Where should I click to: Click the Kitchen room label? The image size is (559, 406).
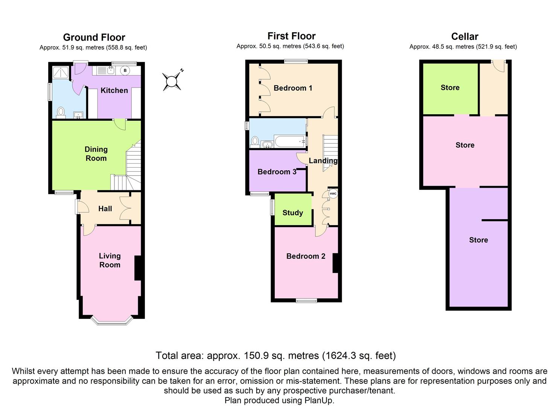114,90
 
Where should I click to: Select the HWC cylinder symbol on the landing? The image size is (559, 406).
333,194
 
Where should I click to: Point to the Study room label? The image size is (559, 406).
292,213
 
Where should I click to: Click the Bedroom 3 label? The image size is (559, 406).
277,172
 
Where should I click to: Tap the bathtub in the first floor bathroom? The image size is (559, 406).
290,142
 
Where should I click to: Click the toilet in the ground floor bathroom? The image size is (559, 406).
60,112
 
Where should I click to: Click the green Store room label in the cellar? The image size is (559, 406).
450,88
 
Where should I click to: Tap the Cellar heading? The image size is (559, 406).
465,36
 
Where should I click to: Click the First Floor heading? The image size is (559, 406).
291,36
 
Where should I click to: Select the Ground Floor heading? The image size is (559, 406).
94,37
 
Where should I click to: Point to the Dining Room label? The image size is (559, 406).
96,154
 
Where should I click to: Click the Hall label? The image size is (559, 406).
105,209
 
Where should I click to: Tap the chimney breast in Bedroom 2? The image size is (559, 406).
335,263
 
